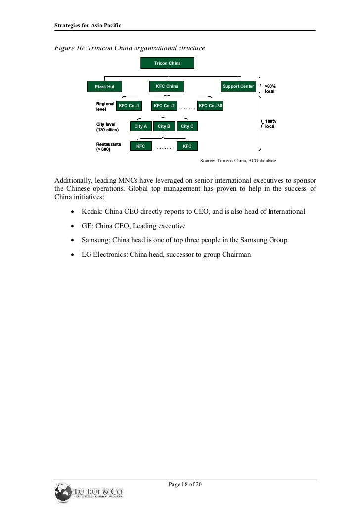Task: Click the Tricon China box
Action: (x=167, y=64)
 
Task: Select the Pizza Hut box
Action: (x=104, y=87)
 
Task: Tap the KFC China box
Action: (x=167, y=86)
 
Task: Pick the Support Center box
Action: (x=238, y=87)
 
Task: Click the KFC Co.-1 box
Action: (x=129, y=106)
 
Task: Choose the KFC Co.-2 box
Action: (x=164, y=106)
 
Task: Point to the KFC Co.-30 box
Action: (x=210, y=106)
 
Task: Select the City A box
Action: (x=141, y=126)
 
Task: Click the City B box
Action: (x=164, y=126)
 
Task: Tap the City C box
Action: (x=187, y=126)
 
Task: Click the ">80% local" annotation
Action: (x=270, y=89)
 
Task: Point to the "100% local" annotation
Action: (x=270, y=124)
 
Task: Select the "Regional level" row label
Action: (x=105, y=106)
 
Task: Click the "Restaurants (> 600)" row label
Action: (x=108, y=146)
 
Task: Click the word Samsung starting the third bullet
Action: (x=89, y=240)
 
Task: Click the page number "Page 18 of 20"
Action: (x=185, y=484)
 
